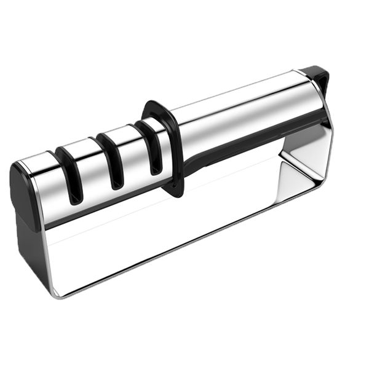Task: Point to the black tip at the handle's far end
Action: point(318,77)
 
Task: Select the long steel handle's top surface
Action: point(246,101)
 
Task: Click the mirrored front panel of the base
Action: point(154,240)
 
